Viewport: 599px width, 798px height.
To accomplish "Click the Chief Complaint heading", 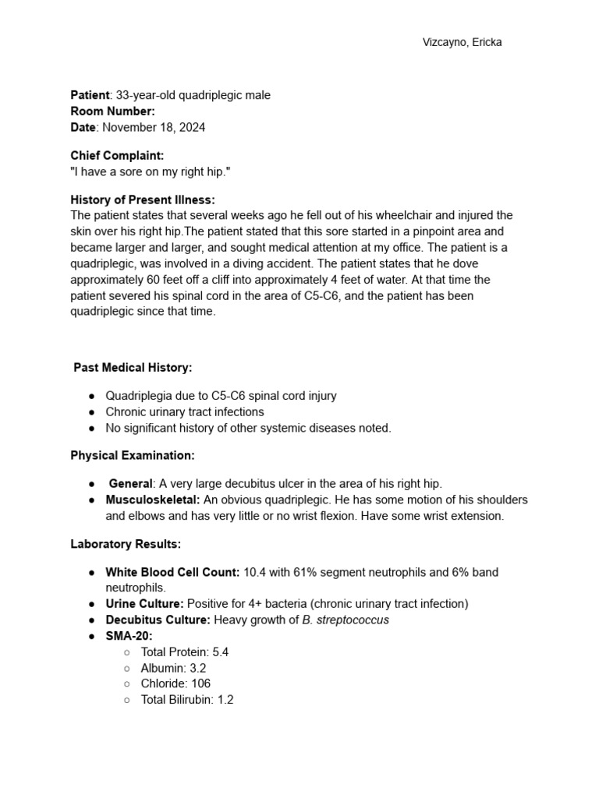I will pyautogui.click(x=117, y=156).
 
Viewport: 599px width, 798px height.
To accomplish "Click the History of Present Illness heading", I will pyautogui.click(x=143, y=200).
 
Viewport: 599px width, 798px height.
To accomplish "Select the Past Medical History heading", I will pyautogui.click(x=133, y=367).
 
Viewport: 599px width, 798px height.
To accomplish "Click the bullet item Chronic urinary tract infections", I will pyautogui.click(x=185, y=411).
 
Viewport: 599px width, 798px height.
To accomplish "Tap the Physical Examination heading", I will pyautogui.click(x=133, y=455).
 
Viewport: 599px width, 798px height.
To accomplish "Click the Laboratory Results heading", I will pyautogui.click(x=126, y=544).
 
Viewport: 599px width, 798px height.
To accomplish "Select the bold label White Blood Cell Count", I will pyautogui.click(x=172, y=572).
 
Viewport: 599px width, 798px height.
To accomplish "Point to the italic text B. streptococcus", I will pyautogui.click(x=345, y=620).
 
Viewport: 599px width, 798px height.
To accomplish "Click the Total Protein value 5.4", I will pyautogui.click(x=220, y=652).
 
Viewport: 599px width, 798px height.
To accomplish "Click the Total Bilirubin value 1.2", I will pyautogui.click(x=225, y=700).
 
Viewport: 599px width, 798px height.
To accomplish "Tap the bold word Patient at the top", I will pyautogui.click(x=90, y=95).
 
